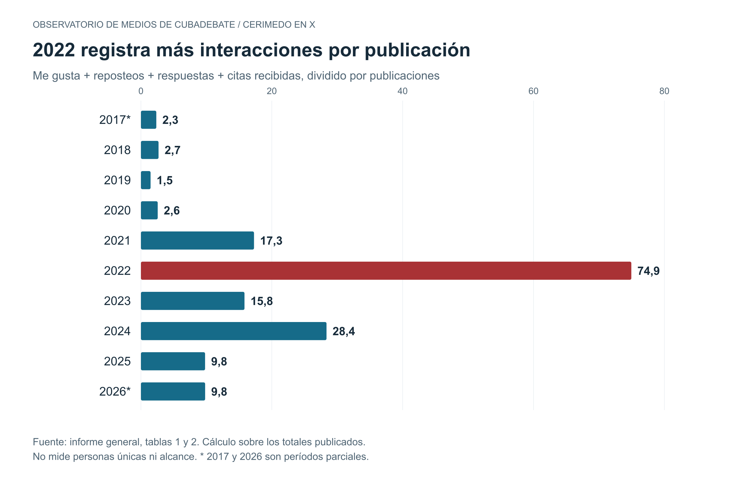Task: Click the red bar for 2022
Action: [386, 271]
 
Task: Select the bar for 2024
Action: [234, 331]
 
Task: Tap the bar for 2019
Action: [146, 180]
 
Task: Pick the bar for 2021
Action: [197, 241]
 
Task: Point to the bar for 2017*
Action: [148, 120]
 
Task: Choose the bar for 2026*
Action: [173, 392]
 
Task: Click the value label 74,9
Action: [648, 271]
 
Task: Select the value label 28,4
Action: [344, 331]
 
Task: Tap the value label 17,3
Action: [271, 241]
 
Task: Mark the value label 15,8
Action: [262, 301]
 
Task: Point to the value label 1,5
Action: [165, 181]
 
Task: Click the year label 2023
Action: [117, 301]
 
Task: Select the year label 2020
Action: [117, 210]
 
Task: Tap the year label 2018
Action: [117, 150]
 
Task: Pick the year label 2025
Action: [117, 361]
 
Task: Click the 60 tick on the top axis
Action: [534, 91]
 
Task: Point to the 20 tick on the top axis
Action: [272, 91]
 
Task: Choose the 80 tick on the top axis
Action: [664, 91]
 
